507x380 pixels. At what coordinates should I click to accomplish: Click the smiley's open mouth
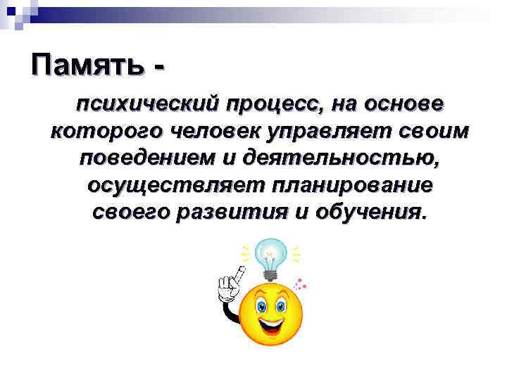point(272,325)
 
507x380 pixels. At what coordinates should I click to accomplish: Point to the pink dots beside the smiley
point(300,285)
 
